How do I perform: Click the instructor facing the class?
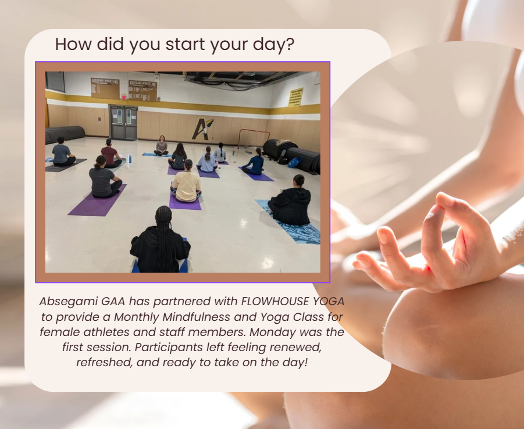tap(161, 146)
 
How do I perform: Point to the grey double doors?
tap(123, 123)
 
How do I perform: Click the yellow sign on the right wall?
tap(296, 96)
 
